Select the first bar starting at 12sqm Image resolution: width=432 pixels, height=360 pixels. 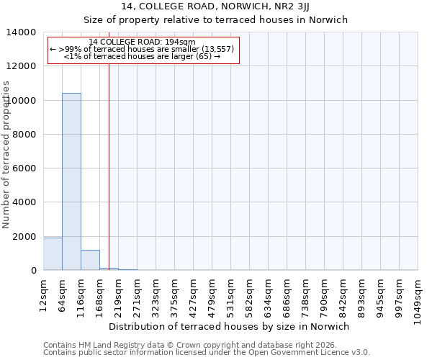[53, 253]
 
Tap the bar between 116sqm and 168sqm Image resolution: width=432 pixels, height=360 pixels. [90, 260]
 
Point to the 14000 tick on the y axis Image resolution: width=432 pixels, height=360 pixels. [27, 32]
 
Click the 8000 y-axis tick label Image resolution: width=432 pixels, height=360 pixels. [27, 135]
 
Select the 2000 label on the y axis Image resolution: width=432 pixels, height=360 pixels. [27, 237]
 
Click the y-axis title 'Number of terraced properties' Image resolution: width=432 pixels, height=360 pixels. [6, 155]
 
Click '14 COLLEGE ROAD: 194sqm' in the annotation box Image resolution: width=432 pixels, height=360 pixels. [143, 42]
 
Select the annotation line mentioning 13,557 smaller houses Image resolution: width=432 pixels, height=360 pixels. [143, 49]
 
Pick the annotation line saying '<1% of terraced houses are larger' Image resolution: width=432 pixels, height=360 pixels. [143, 56]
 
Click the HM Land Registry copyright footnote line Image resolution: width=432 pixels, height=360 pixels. [204, 346]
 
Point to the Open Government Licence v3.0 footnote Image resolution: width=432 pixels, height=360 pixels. [207, 353]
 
